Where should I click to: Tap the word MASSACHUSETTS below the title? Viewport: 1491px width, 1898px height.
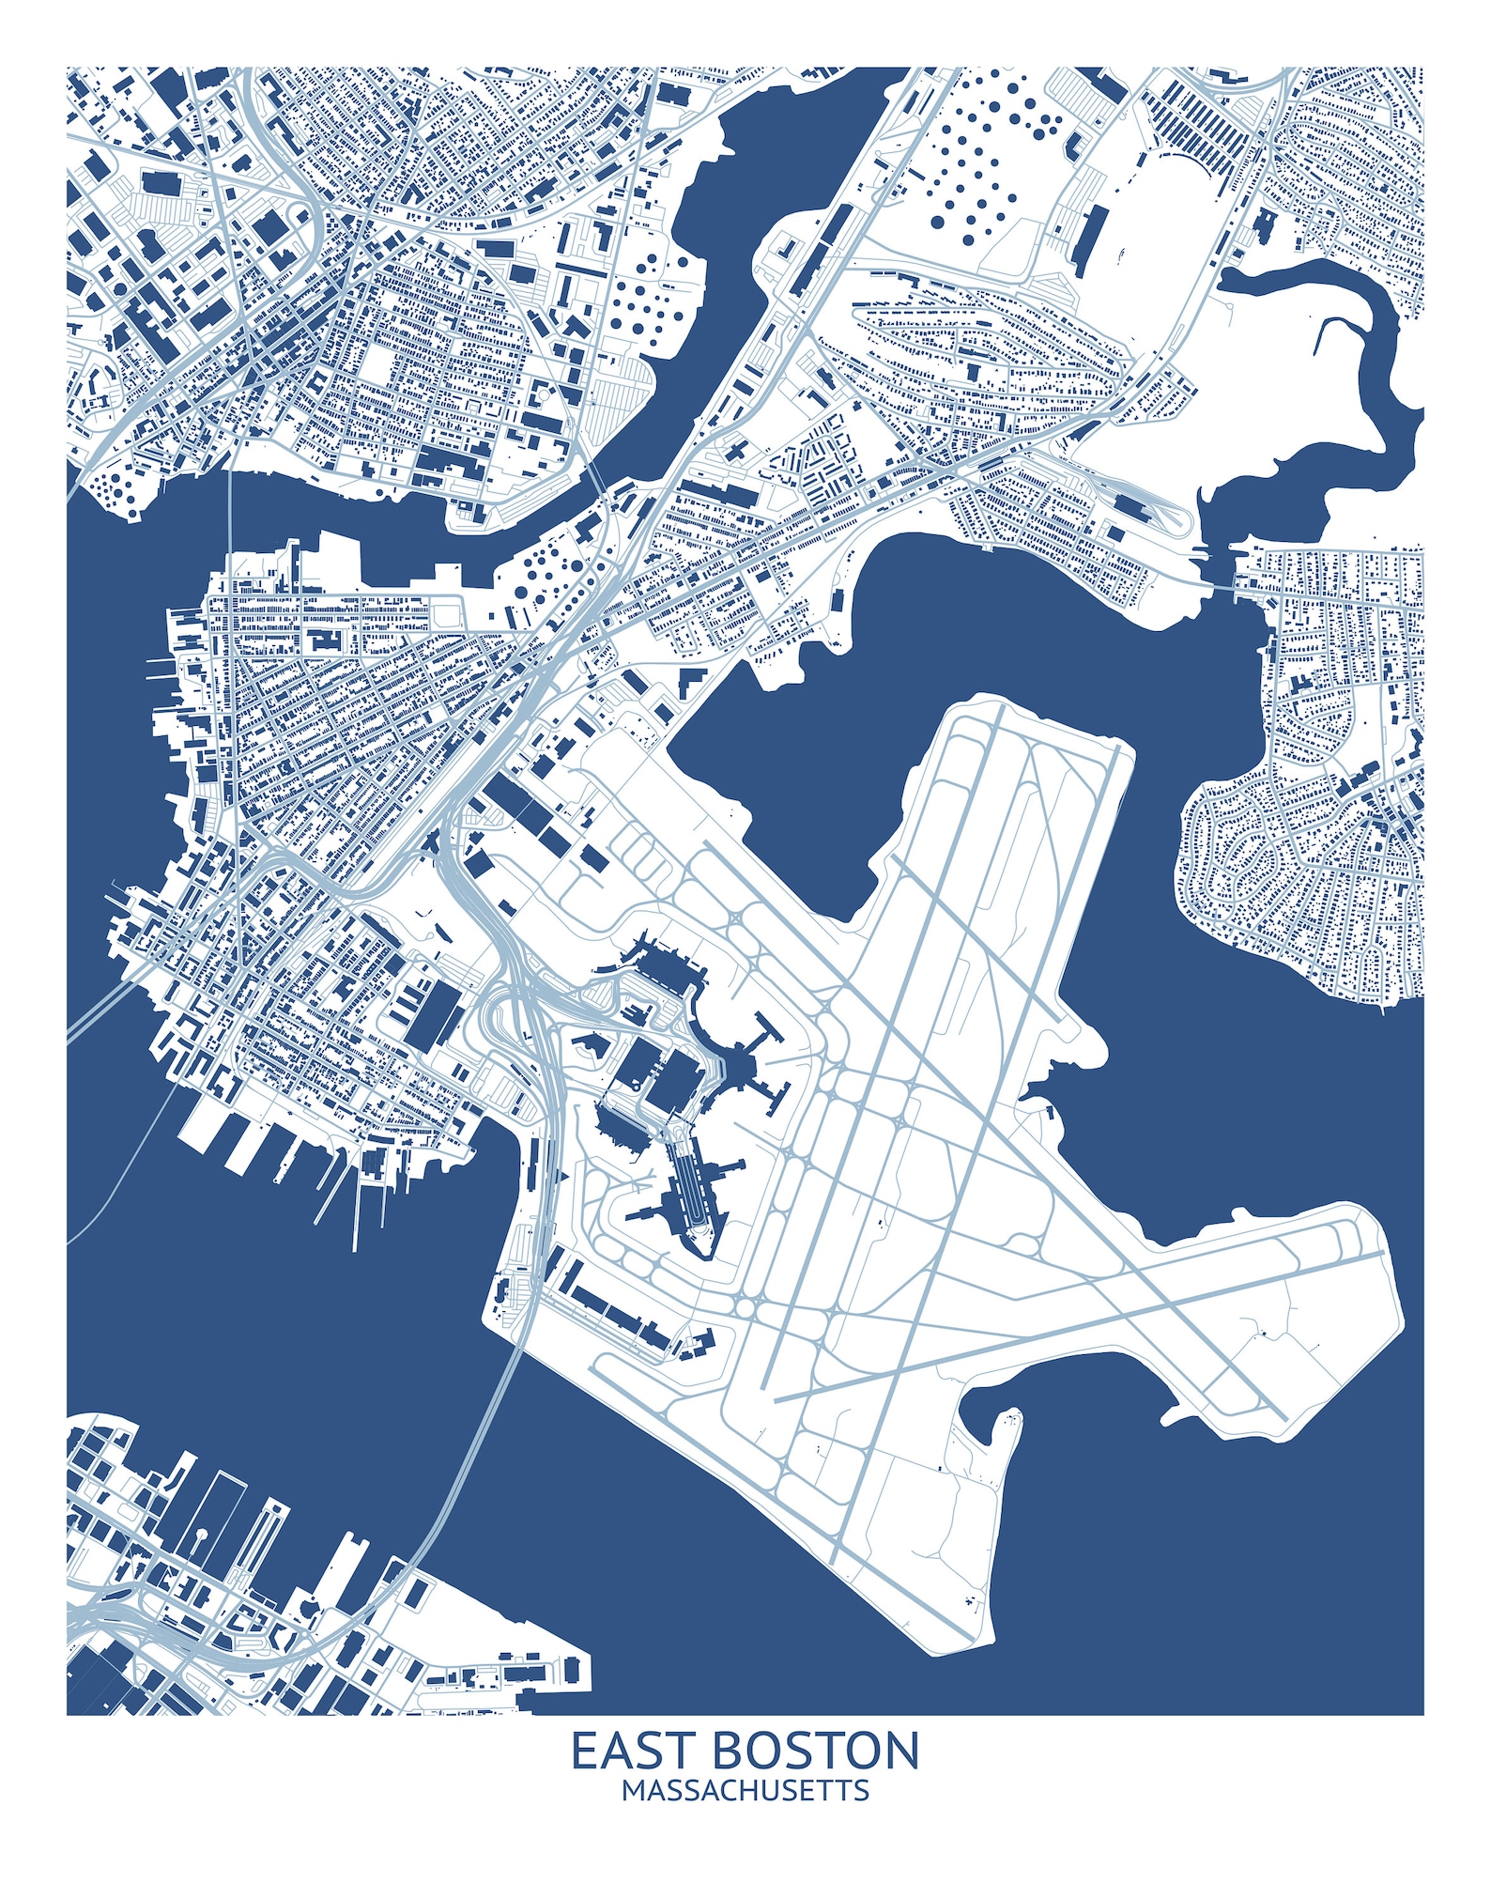pos(745,1790)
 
